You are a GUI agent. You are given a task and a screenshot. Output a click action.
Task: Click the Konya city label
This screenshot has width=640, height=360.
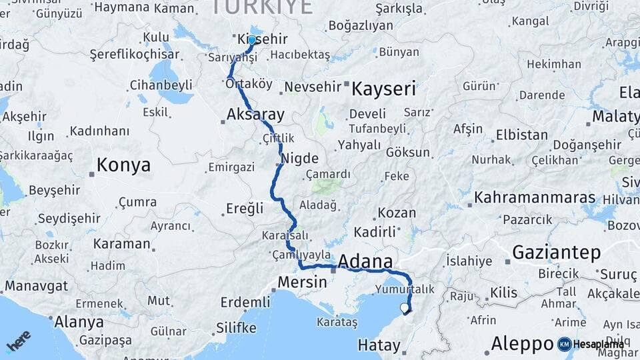click(x=123, y=165)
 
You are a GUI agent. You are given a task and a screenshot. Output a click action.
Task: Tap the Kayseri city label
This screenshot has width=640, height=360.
click(x=383, y=89)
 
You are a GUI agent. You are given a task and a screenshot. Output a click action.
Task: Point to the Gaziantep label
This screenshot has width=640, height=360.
click(x=557, y=252)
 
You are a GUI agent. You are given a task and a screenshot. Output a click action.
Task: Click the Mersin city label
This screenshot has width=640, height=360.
click(x=302, y=282)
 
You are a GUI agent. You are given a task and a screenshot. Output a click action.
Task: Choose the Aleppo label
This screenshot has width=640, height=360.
click(x=522, y=344)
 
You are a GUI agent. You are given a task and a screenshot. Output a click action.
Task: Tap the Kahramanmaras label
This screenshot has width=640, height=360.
click(x=534, y=198)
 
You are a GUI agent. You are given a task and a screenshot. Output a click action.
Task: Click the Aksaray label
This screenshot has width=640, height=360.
click(x=255, y=113)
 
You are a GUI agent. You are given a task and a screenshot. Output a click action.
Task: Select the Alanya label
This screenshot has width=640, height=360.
click(x=79, y=323)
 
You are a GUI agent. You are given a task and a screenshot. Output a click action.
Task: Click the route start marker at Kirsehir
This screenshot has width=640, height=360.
click(x=252, y=40)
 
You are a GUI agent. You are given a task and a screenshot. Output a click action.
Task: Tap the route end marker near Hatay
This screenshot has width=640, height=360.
click(x=404, y=308)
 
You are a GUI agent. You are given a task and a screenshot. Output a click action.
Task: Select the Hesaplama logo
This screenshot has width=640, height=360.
click(x=591, y=344)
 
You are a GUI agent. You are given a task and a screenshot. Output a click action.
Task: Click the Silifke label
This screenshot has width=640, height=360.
click(x=236, y=328)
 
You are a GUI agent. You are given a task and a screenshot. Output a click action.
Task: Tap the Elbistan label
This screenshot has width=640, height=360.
click(x=521, y=135)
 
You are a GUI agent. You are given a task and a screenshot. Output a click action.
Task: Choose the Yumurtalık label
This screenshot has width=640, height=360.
click(x=404, y=289)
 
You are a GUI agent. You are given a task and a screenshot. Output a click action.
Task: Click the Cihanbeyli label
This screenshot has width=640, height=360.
click(x=160, y=85)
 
